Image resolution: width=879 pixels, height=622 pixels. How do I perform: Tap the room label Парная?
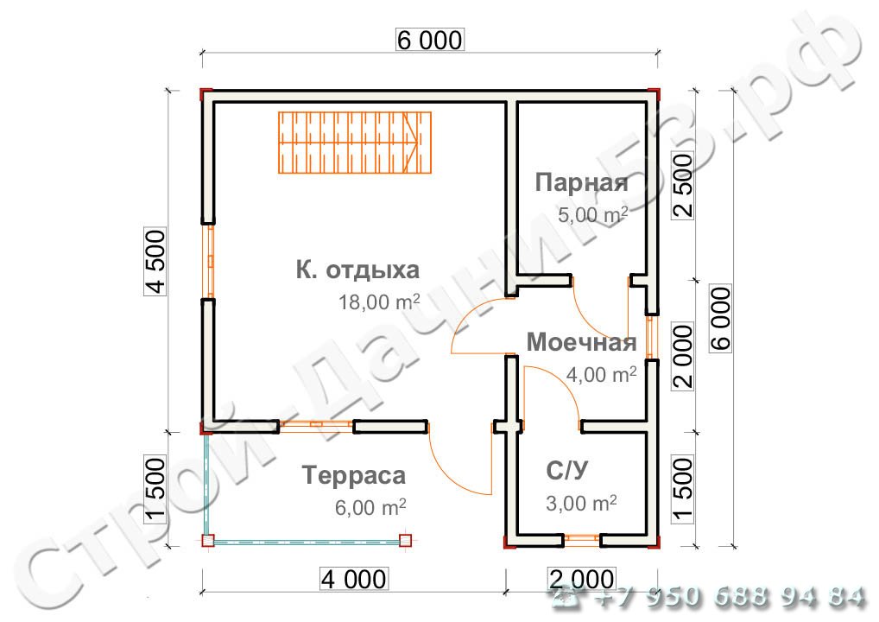(x=581, y=183)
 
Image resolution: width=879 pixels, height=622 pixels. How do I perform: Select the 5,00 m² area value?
(x=592, y=214)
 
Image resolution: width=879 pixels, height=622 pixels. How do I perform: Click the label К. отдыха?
(x=357, y=270)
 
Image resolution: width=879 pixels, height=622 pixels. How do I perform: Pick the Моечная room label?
(x=581, y=343)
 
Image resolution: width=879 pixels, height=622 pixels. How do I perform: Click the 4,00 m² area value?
(x=601, y=374)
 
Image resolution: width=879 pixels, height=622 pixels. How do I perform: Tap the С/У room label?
(x=567, y=471)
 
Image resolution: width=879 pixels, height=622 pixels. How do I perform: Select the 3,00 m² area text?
(x=580, y=503)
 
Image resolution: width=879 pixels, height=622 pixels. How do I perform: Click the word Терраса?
(x=354, y=475)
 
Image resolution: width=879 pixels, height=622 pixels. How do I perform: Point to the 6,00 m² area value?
(x=370, y=507)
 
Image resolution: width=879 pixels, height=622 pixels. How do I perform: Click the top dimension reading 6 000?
(x=430, y=40)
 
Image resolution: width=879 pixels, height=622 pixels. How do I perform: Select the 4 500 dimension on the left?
(x=155, y=261)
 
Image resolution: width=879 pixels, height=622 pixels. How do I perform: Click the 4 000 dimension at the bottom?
(x=353, y=577)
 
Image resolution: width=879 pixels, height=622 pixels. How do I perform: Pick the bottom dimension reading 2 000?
(x=581, y=577)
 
